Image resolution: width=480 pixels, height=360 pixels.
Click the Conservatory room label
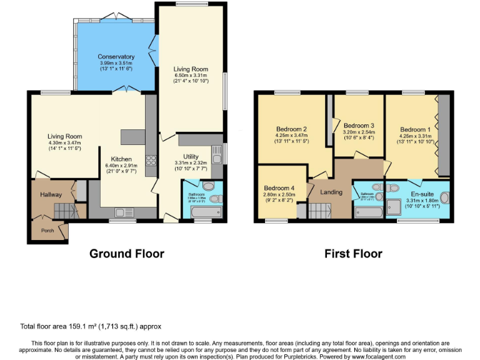tap(116, 57)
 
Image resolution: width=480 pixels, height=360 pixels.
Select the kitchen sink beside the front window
tap(122, 212)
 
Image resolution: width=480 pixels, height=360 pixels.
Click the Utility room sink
tap(216, 152)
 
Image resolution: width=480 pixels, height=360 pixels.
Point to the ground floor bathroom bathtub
tap(201, 214)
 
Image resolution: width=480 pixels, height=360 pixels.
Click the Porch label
tap(47, 230)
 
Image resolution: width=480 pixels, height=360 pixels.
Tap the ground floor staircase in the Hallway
tap(62, 211)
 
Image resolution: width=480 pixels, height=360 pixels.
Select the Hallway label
tap(51, 195)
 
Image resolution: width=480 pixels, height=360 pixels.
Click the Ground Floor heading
tap(127, 253)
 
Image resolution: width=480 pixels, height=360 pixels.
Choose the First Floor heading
tap(353, 253)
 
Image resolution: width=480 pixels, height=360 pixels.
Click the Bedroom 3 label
tap(359, 125)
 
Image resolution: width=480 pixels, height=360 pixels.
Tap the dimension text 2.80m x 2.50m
tap(279, 195)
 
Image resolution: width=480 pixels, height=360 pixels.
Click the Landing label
tap(331, 192)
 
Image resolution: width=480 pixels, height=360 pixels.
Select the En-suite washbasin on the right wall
tap(444, 198)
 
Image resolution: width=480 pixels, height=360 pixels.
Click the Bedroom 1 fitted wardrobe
tap(443, 134)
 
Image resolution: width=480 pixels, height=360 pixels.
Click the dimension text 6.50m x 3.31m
tap(191, 76)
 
